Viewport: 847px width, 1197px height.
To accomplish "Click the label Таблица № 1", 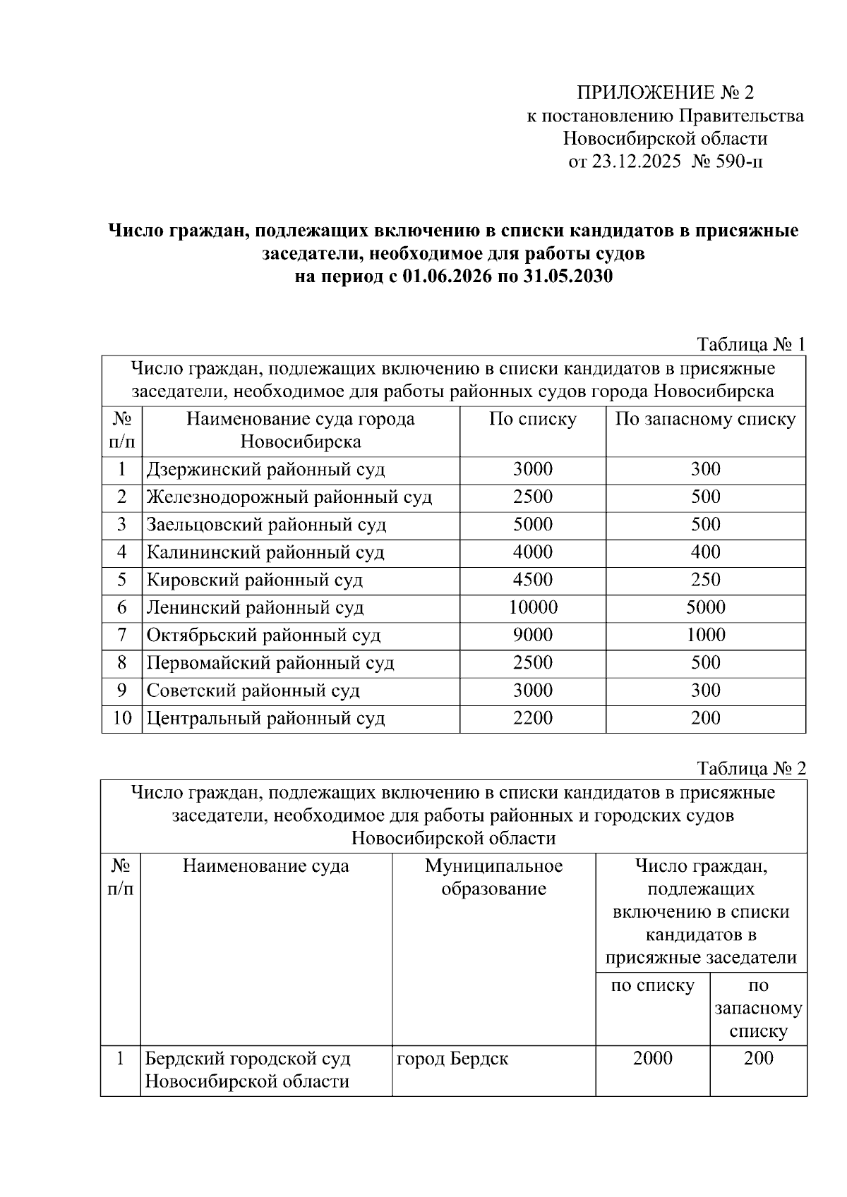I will (750, 344).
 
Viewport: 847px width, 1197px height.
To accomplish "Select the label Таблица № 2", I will (750, 768).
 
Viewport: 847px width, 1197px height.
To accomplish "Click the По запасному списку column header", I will (705, 419).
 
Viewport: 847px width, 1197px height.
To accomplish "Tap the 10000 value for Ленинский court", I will (533, 607).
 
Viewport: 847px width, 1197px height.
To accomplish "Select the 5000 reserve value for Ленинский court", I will (705, 607).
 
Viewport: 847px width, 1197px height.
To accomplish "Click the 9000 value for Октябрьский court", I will (533, 635).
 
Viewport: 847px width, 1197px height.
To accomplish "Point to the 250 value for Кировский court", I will (705, 580).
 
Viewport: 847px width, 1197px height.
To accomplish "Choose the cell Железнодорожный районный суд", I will (289, 497).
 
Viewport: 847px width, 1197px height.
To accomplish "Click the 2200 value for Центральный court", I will (533, 718).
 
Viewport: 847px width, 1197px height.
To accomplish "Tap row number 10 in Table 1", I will (122, 718).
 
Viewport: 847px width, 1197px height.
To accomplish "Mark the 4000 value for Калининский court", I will (533, 552).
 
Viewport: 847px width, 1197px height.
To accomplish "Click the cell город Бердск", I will (452, 1059).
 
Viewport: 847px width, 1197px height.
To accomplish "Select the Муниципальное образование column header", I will (493, 877).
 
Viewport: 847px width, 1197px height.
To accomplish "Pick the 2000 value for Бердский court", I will (652, 1059).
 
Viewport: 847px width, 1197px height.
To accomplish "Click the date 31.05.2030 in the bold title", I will (568, 277).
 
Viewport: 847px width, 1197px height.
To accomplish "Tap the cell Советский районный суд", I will (253, 691).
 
